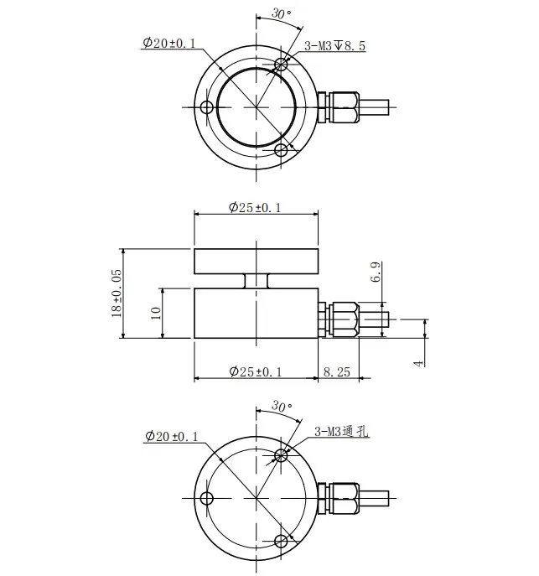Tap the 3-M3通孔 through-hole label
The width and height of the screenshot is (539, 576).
point(342,432)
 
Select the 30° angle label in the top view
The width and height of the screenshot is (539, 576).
point(282,14)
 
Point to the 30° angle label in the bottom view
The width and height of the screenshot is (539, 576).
point(282,406)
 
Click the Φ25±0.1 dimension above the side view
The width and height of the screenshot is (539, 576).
point(255,208)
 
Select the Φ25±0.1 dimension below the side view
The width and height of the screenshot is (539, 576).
point(255,371)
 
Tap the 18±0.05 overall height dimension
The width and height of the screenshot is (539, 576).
point(116,293)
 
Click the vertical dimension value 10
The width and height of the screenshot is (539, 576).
point(154,313)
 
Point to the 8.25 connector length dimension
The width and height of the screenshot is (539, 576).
point(338,371)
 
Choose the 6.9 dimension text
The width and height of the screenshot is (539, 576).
point(376,273)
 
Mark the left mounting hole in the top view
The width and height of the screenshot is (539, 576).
point(206,106)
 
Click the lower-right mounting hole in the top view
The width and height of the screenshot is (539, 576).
point(282,150)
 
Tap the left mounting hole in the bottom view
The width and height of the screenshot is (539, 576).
point(206,499)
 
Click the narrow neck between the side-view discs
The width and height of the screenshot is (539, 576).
point(256,281)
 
